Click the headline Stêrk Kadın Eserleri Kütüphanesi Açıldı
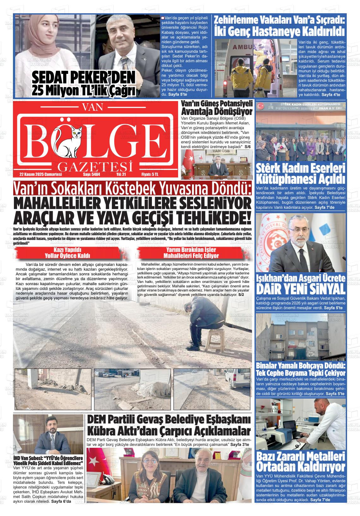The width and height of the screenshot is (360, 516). click(x=300, y=173)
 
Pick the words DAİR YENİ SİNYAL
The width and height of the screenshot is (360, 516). click(x=300, y=288)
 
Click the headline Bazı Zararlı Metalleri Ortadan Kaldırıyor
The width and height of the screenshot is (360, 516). click(x=301, y=461)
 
